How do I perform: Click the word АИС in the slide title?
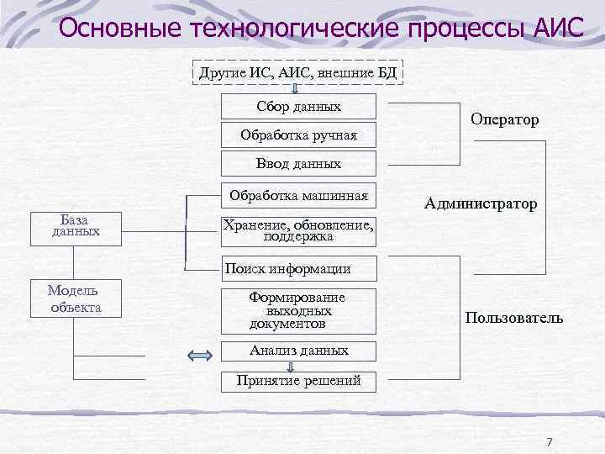click(557, 30)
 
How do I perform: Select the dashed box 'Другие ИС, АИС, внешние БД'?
click(298, 73)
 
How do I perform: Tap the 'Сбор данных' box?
click(298, 107)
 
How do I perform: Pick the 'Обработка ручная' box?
click(298, 135)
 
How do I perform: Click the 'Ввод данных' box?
click(298, 163)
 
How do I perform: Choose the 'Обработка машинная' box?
click(298, 197)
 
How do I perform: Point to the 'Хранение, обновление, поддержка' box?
click(298, 230)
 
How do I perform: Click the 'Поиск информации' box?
click(298, 269)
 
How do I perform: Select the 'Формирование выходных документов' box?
click(298, 310)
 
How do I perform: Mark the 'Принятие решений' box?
click(298, 380)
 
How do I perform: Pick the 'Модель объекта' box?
click(76, 298)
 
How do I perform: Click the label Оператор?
click(505, 120)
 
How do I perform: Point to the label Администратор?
click(481, 203)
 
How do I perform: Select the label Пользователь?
click(513, 319)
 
